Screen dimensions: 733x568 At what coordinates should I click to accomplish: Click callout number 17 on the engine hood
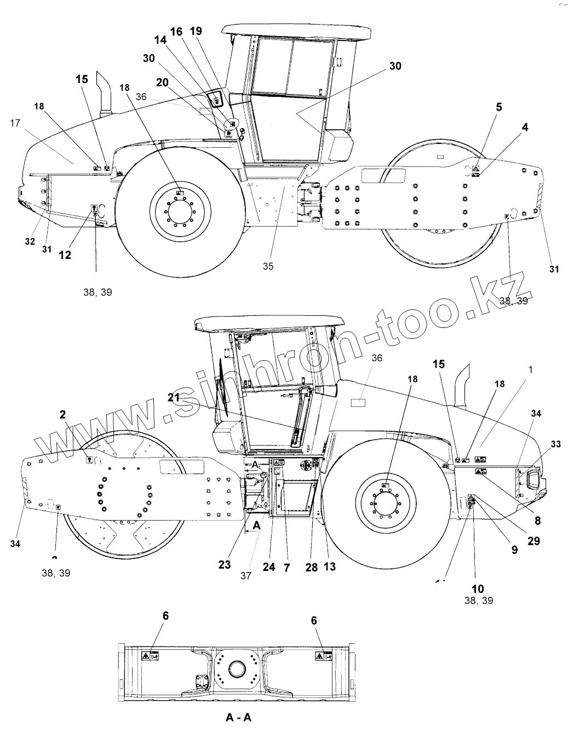pyautogui.click(x=15, y=124)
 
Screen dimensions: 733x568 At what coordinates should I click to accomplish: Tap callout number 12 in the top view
pyautogui.click(x=65, y=255)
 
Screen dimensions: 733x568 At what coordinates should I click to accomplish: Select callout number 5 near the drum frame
pyautogui.click(x=498, y=107)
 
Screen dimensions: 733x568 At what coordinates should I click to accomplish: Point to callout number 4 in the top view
pyautogui.click(x=525, y=128)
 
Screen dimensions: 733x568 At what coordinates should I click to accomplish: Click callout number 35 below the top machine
pyautogui.click(x=267, y=266)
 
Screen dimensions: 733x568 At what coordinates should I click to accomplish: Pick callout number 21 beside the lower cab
pyautogui.click(x=174, y=399)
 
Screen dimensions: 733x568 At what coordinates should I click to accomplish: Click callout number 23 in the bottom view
pyautogui.click(x=225, y=565)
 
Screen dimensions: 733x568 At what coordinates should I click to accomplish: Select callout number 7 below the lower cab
pyautogui.click(x=286, y=567)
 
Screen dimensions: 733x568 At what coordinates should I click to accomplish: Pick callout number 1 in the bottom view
pyautogui.click(x=530, y=370)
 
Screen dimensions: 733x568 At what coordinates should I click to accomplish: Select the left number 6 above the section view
pyautogui.click(x=165, y=616)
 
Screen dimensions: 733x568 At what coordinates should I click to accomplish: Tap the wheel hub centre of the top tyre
pyautogui.click(x=180, y=209)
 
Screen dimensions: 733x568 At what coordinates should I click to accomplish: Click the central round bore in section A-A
pyautogui.click(x=237, y=669)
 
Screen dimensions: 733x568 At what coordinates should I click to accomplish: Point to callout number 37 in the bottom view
pyautogui.click(x=245, y=576)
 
